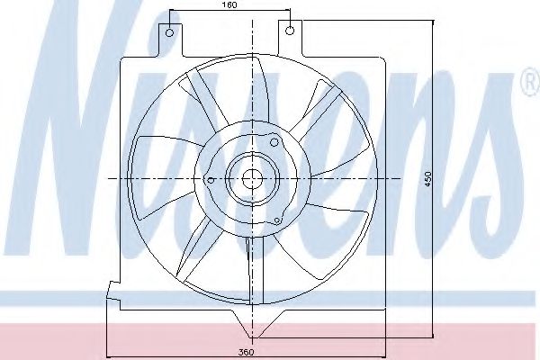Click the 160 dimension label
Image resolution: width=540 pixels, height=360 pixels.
click(x=229, y=6)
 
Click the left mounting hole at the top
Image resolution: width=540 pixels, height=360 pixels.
click(x=167, y=30)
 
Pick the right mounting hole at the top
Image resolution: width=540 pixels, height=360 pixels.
click(x=290, y=30)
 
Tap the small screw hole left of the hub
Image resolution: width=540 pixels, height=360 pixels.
click(x=211, y=180)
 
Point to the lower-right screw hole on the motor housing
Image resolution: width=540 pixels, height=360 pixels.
click(x=279, y=219)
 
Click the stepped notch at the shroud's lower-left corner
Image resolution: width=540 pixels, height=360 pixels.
click(x=112, y=291)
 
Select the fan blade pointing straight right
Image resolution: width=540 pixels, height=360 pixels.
click(x=342, y=175)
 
